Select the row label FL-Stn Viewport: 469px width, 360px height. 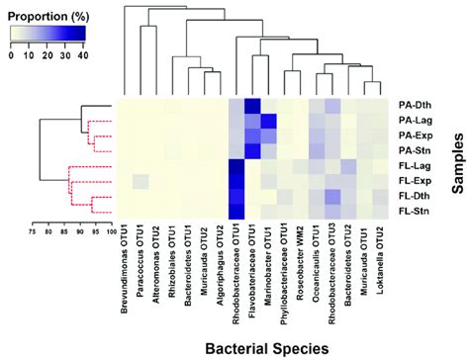[412, 212]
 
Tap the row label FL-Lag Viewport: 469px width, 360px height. [412, 166]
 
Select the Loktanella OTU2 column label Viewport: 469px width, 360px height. [380, 259]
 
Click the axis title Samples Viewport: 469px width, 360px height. [457, 159]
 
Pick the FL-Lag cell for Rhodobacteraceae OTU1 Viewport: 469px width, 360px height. [235, 166]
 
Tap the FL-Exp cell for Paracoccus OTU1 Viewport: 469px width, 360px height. [139, 181]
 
